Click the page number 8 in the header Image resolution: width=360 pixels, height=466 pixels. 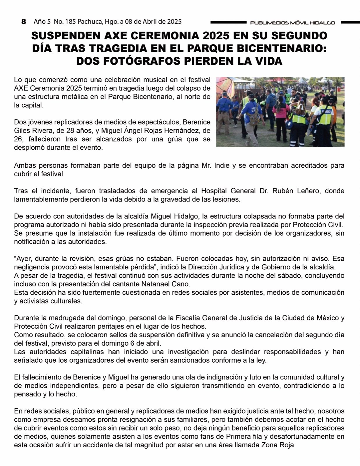(x=24, y=22)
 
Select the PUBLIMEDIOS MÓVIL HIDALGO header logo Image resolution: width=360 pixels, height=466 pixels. (x=292, y=23)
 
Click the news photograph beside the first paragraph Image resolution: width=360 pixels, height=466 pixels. (x=280, y=112)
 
